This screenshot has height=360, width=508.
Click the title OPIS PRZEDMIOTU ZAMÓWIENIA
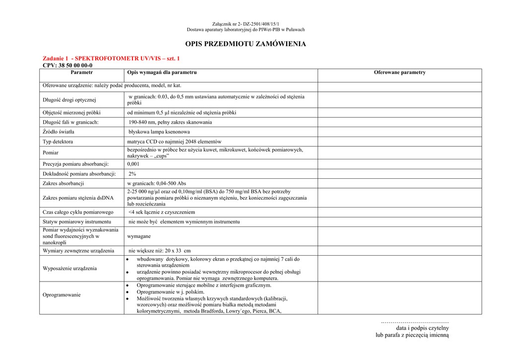(x=246, y=44)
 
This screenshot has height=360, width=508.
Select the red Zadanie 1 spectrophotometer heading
(x=111, y=58)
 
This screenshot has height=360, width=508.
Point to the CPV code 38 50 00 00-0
(x=67, y=65)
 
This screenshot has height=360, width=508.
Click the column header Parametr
(x=82, y=72)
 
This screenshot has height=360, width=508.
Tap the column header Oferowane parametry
(x=399, y=72)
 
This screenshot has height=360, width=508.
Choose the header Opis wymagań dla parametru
(x=162, y=72)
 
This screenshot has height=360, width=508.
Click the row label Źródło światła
(x=59, y=132)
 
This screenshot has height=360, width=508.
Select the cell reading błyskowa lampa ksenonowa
(x=159, y=132)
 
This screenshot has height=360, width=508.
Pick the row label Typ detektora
(x=58, y=142)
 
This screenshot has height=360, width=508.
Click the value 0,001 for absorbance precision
(x=133, y=164)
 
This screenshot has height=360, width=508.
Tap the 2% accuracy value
(x=132, y=174)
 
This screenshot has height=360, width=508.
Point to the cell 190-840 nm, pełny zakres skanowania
(x=170, y=122)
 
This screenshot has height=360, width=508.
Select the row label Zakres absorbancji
(x=63, y=183)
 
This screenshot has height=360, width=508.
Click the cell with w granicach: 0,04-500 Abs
(x=157, y=183)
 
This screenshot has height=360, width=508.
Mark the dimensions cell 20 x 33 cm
(x=159, y=251)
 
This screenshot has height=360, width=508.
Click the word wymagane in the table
(x=139, y=236)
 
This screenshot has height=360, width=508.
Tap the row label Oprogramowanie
(x=62, y=294)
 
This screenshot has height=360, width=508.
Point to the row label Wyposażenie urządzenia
(x=70, y=269)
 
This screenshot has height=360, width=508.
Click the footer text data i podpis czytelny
(x=422, y=328)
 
